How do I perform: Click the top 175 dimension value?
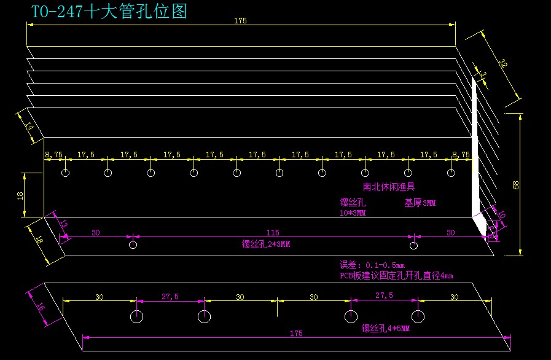coord(240,21)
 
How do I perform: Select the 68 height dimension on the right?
coord(515,184)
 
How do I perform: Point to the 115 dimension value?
coord(273,232)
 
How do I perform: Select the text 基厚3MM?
coord(420,202)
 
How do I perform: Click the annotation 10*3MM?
coord(353,213)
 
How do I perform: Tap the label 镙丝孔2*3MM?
coord(266,245)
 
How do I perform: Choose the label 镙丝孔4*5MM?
coord(386,328)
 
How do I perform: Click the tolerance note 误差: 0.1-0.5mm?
coord(372,265)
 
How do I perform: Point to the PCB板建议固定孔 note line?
coord(396,276)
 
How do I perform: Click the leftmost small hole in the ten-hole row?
coord(65,173)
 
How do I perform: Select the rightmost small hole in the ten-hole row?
coord(450,173)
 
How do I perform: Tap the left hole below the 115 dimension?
coord(133,245)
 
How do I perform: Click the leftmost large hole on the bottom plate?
coord(136,316)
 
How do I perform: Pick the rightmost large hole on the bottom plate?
coord(418,316)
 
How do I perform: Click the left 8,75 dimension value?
coord(54,155)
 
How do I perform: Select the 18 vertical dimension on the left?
coord(20,195)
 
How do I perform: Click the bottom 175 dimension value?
coord(296,334)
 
